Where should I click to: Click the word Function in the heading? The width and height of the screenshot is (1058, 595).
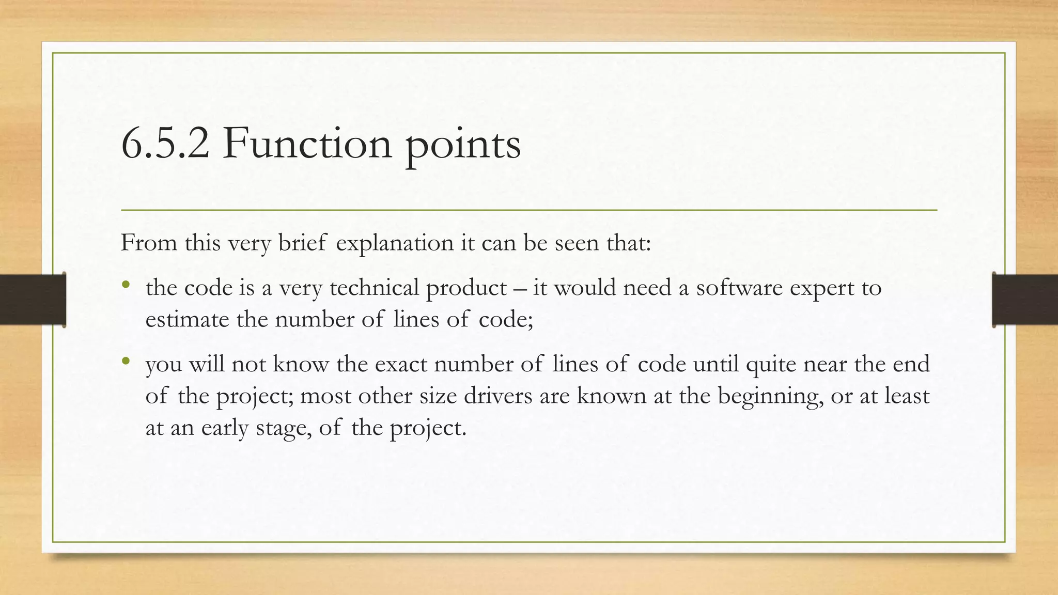point(307,144)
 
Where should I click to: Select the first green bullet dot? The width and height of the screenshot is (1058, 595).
point(126,285)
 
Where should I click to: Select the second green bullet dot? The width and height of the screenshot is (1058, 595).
point(126,361)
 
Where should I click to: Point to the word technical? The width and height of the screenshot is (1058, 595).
point(374,288)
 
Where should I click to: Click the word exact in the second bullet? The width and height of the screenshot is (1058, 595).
point(401,365)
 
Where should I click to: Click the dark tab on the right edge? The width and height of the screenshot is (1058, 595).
point(1025,300)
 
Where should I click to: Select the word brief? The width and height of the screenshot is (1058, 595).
point(303,243)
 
